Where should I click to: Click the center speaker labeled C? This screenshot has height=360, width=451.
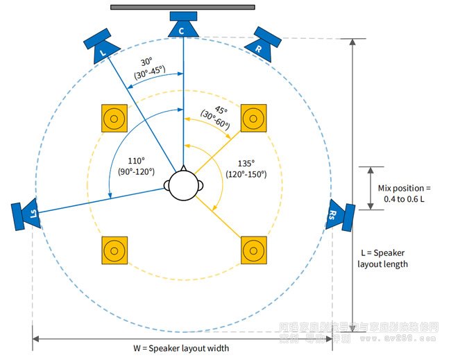[x=183, y=26]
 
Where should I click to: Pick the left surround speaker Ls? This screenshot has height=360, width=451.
[x=25, y=214]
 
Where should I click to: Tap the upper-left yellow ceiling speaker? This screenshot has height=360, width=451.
[x=114, y=119]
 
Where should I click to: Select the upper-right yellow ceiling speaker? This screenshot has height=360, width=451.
[x=253, y=119]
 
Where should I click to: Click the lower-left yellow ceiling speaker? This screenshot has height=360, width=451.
[x=114, y=250]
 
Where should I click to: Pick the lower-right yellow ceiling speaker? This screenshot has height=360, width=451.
[x=253, y=250]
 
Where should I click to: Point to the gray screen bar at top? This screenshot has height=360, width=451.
[x=182, y=8]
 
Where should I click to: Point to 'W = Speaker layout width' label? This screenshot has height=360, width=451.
[x=182, y=348]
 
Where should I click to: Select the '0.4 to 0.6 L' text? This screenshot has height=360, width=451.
[x=405, y=199]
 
